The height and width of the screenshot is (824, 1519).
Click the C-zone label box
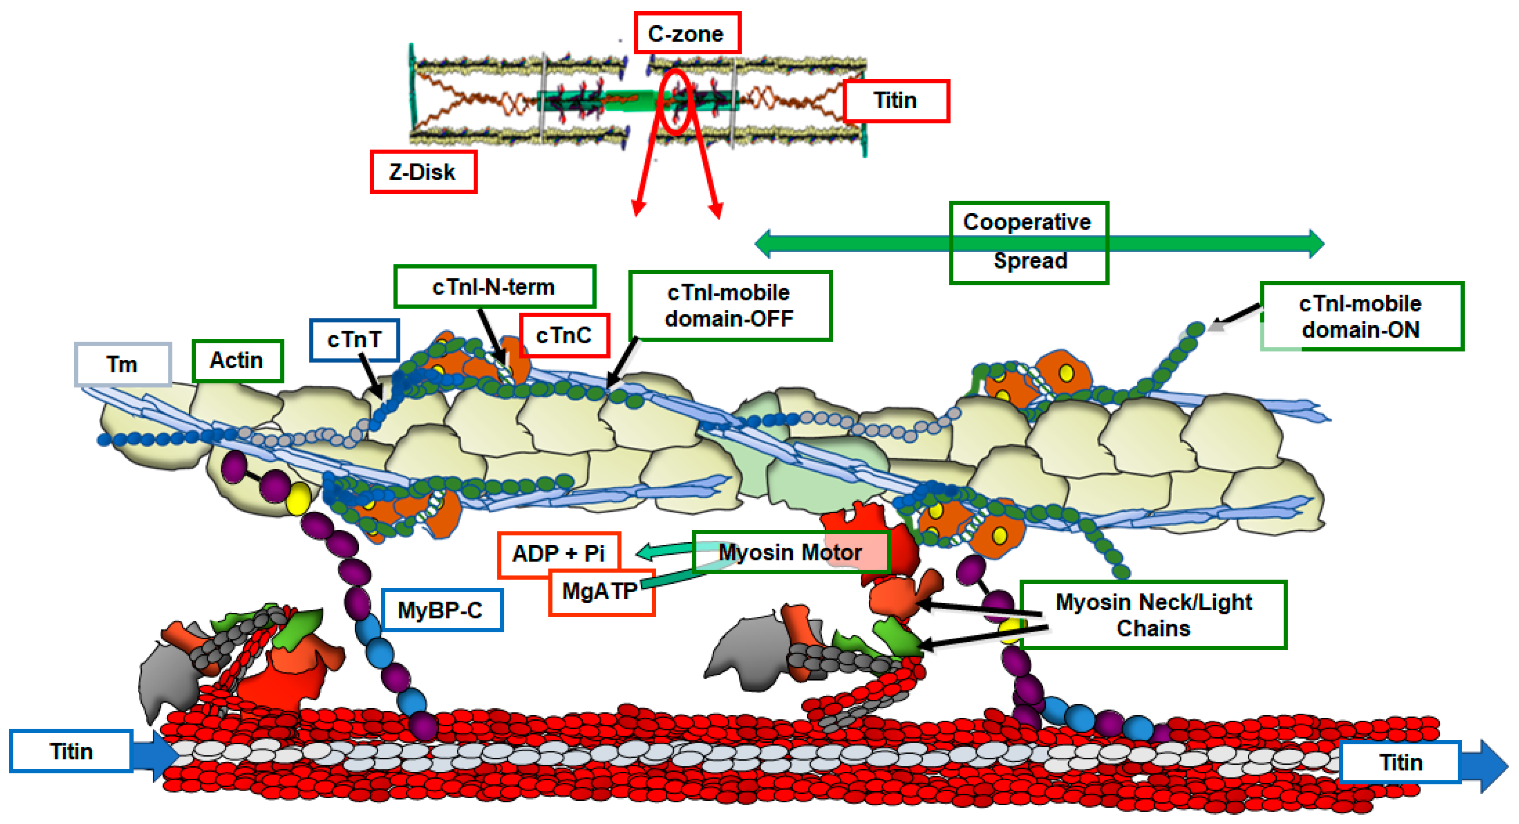click(x=686, y=34)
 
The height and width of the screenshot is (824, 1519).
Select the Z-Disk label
click(x=423, y=172)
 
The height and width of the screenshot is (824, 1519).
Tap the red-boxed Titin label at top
click(x=895, y=101)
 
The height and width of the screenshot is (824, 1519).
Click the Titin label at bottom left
click(x=71, y=751)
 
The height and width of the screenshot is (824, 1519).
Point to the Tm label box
click(x=123, y=364)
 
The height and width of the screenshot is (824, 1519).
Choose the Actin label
click(x=237, y=361)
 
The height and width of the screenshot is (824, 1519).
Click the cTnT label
click(x=354, y=340)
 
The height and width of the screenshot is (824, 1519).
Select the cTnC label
click(x=564, y=336)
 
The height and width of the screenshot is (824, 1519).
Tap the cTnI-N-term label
click(x=494, y=287)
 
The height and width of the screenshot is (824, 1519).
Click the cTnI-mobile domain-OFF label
click(x=729, y=305)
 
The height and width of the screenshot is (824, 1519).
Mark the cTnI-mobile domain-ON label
click(x=1361, y=316)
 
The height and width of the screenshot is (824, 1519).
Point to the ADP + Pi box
click(x=558, y=553)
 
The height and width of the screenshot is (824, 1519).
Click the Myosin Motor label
click(x=790, y=552)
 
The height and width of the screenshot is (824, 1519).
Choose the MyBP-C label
click(x=441, y=610)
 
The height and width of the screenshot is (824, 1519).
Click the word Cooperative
click(x=1027, y=222)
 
